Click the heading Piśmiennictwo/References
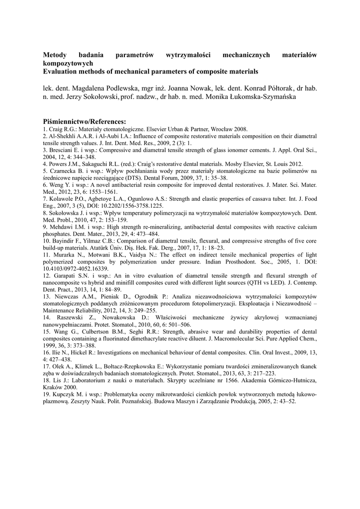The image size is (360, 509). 85,122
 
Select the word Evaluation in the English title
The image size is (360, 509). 62,72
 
